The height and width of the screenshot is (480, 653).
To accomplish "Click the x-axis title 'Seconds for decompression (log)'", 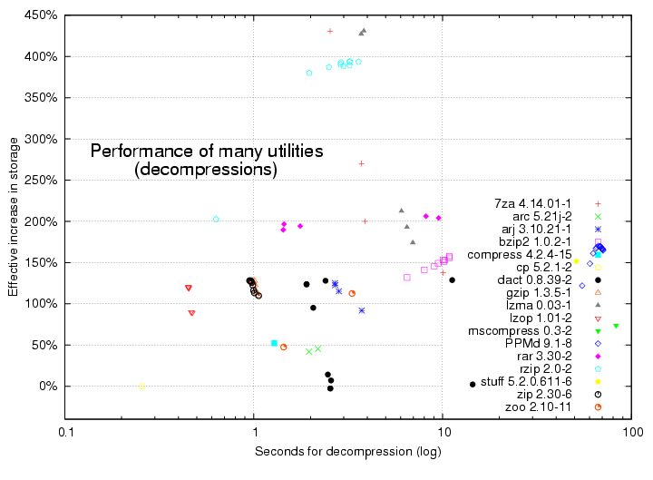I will pos(348,451).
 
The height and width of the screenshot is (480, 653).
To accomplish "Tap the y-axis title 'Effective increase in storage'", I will pos(13,220).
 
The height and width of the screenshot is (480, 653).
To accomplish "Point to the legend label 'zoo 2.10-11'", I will pos(539,407).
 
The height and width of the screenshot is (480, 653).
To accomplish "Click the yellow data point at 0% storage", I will pos(142,386).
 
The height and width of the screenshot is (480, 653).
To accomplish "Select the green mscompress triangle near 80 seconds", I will pos(616,326).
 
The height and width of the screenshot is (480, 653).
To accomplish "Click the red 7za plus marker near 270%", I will pos(361,163).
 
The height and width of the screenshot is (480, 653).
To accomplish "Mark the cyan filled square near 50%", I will pos(274,343).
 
